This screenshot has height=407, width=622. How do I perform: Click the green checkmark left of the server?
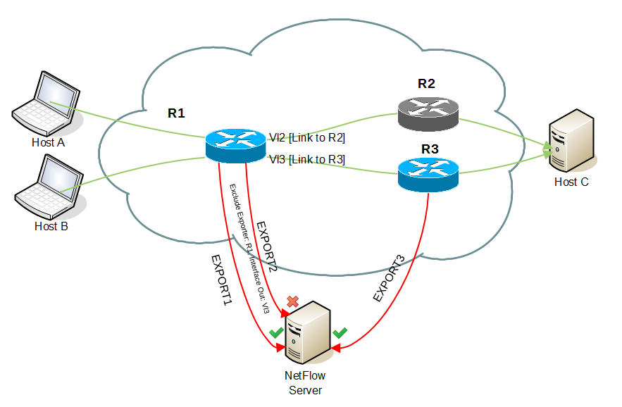(276, 332)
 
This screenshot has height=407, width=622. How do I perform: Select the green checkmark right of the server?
(340, 331)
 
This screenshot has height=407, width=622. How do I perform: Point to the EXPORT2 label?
(266, 246)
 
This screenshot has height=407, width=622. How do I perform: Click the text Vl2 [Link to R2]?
(306, 138)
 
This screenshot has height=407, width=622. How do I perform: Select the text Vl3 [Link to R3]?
(306, 160)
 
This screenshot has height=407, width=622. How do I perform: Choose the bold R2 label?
(426, 84)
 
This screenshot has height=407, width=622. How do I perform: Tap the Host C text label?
(571, 182)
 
